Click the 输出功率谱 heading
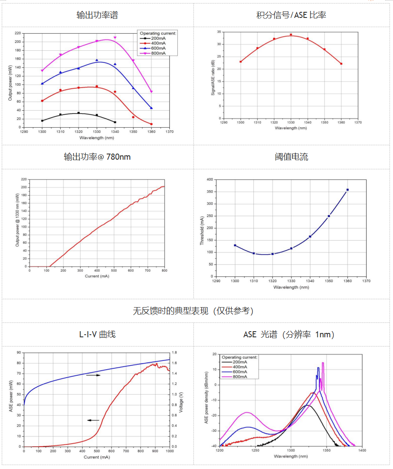click(97, 15)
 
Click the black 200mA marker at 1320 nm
click(78, 113)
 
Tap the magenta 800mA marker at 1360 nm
click(151, 92)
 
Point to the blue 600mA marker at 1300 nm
click(42, 84)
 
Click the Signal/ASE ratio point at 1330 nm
click(291, 35)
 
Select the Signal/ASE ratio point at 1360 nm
click(341, 64)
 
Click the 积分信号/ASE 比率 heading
click(291, 15)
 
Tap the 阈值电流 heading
click(291, 157)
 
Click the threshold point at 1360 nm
click(347, 190)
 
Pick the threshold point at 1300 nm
click(235, 245)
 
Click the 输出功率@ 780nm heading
click(97, 157)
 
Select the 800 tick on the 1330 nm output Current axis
click(165, 271)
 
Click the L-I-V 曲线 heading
click(97, 334)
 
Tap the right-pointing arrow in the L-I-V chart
click(93, 375)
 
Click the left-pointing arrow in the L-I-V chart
click(93, 420)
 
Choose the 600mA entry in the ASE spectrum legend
click(239, 372)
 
